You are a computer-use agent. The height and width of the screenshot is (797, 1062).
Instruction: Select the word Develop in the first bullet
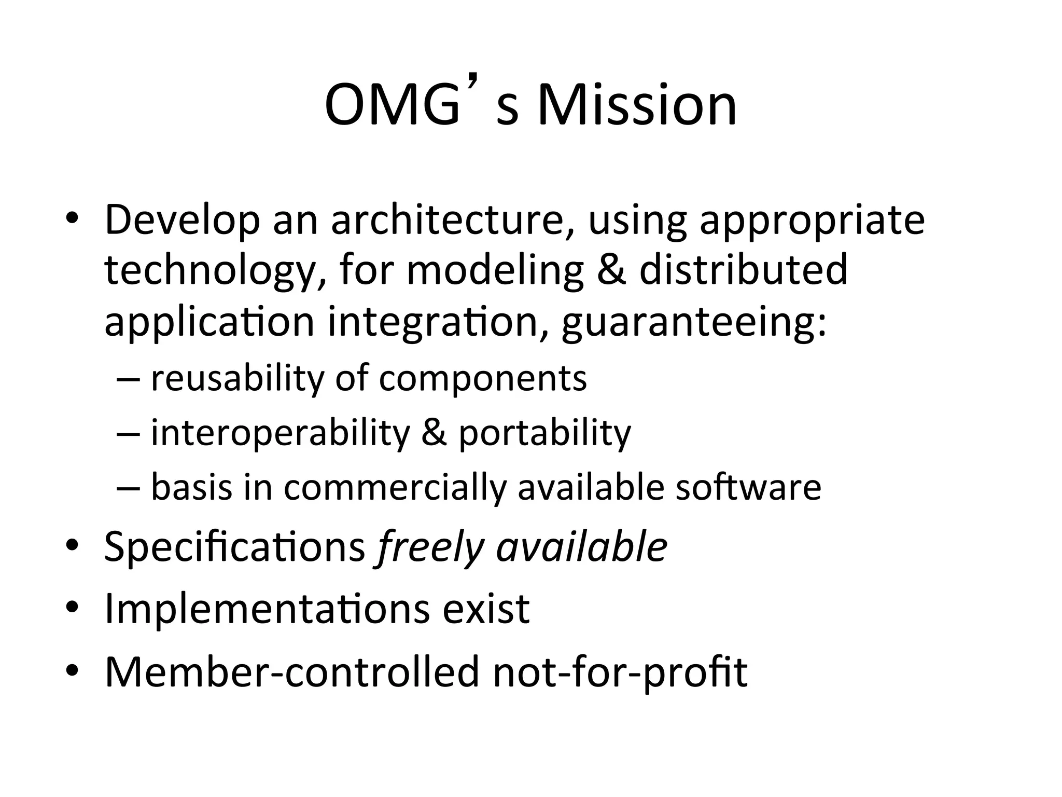[182, 221]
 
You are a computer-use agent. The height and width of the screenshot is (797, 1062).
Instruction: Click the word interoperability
[280, 433]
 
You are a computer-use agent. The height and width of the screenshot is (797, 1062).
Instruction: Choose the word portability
[544, 433]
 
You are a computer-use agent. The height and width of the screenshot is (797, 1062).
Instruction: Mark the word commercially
[395, 488]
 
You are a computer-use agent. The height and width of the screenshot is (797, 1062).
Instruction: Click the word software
[748, 487]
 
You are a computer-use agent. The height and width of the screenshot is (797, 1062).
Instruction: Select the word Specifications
[235, 547]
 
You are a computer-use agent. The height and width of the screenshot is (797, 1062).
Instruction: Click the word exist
[485, 608]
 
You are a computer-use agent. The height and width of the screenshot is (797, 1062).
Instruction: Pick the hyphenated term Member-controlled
[292, 671]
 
